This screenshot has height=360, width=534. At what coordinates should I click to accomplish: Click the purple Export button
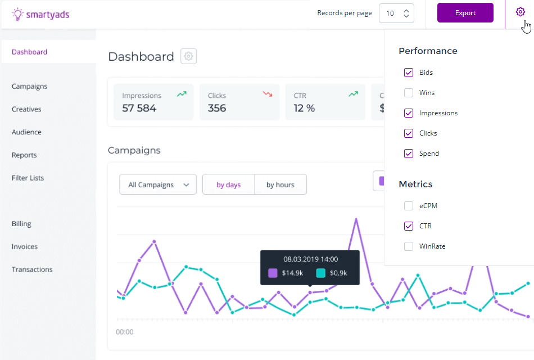pos(465,13)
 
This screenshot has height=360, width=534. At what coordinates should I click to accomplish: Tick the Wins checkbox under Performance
pos(409,93)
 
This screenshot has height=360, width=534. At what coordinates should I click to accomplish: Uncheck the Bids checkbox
pos(409,73)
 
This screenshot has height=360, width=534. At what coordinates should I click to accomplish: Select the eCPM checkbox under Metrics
pos(409,206)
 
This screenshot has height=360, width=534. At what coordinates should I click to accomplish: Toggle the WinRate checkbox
pos(409,246)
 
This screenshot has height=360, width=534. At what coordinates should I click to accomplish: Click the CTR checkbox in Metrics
pos(409,226)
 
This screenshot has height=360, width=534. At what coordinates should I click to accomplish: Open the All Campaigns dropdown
pos(158,184)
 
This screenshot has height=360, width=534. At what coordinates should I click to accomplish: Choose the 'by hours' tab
pos(280,184)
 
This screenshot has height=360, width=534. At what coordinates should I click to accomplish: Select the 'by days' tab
pos(228,184)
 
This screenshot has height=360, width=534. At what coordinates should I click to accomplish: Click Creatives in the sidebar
pos(26,109)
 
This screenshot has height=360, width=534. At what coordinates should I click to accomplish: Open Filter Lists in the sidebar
pos(28,178)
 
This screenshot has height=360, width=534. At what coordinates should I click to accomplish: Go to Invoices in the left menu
pos(25,246)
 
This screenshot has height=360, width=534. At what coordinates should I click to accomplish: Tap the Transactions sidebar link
pos(32,269)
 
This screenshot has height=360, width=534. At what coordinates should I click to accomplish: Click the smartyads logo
pos(40,14)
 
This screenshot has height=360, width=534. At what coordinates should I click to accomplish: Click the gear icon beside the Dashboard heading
pos(189,56)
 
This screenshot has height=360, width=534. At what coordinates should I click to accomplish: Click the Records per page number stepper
pos(397,13)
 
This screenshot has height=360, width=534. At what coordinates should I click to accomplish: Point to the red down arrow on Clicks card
pos(268,94)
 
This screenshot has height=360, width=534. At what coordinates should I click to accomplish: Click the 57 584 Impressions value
pos(139,108)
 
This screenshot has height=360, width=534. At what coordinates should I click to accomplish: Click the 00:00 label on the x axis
pos(125,332)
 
